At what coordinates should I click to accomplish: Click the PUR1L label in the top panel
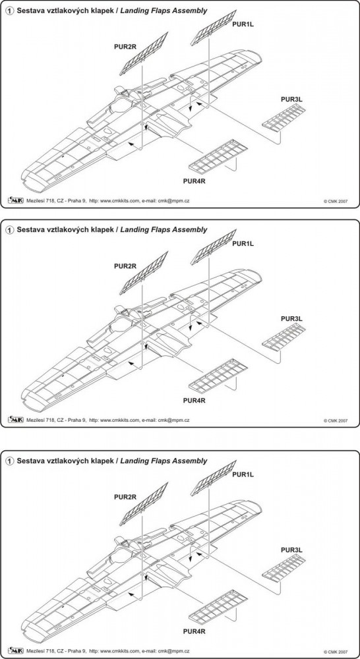tap(243, 24)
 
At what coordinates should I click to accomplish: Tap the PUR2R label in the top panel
tap(125, 47)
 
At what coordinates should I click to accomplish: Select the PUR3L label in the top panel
tap(292, 100)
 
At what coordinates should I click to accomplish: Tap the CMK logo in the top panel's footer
tap(16, 200)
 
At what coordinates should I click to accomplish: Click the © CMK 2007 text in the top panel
tap(335, 201)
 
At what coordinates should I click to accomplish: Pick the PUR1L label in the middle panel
tap(243, 243)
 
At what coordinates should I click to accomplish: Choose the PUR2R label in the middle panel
tap(125, 266)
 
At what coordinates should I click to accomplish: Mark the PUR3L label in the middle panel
tap(292, 318)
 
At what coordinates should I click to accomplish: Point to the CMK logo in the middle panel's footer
tap(16, 419)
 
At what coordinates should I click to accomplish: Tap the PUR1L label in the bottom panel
tap(243, 474)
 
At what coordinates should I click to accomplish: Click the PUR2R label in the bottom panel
tap(125, 497)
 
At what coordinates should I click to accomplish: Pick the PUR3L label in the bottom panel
tap(292, 550)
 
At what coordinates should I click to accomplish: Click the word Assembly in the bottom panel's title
tap(191, 461)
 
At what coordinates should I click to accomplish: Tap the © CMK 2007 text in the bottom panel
tap(335, 651)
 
